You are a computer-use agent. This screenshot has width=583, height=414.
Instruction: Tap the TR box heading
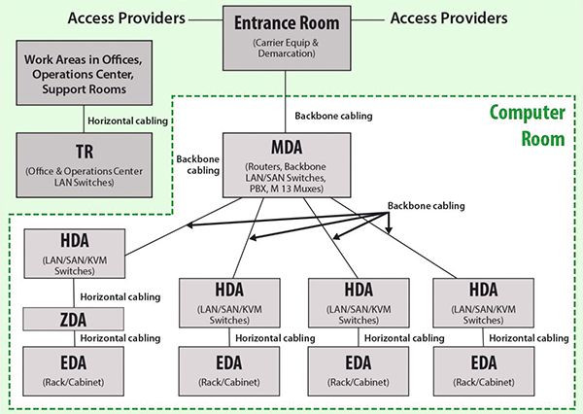pyautogui.click(x=85, y=154)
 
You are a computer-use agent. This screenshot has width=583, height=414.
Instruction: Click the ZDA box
pyautogui.click(x=66, y=319)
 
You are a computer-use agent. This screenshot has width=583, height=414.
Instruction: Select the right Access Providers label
pyautogui.click(x=448, y=18)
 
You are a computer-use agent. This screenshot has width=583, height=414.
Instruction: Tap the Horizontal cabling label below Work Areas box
pyautogui.click(x=128, y=121)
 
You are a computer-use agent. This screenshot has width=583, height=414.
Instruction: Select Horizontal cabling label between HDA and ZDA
pyautogui.click(x=120, y=296)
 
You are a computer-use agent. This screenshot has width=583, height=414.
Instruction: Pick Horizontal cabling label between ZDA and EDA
pyautogui.click(x=120, y=337)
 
